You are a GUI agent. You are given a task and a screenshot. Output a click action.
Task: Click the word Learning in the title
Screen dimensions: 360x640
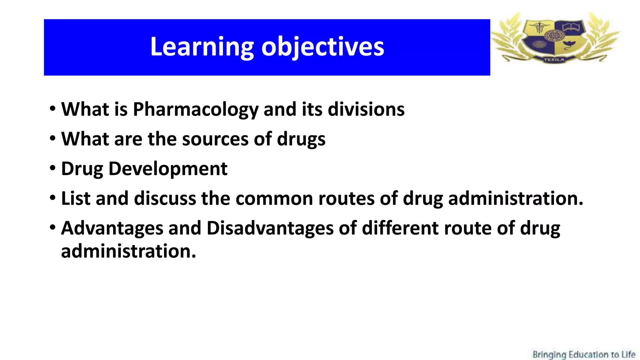[x=202, y=47]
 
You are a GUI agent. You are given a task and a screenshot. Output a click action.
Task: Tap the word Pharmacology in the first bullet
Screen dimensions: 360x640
[x=196, y=109]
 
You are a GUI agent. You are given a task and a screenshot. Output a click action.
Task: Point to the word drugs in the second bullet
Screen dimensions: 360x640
[x=301, y=139]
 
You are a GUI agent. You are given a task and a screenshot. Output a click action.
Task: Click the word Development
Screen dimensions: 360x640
[x=168, y=169]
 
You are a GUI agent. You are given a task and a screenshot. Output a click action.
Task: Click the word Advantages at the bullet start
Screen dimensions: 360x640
[x=112, y=228]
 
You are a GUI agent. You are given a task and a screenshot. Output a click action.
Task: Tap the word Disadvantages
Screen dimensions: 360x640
[x=270, y=228]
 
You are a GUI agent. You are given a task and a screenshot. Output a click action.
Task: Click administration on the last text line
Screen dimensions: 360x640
[x=128, y=251]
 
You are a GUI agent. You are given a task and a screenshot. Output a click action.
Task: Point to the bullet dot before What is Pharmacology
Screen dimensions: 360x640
[x=52, y=109]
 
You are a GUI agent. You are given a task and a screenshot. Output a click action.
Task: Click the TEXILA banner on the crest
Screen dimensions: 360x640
[x=554, y=59]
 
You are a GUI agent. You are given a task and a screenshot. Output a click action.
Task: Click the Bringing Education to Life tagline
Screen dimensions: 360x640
[x=584, y=355]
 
